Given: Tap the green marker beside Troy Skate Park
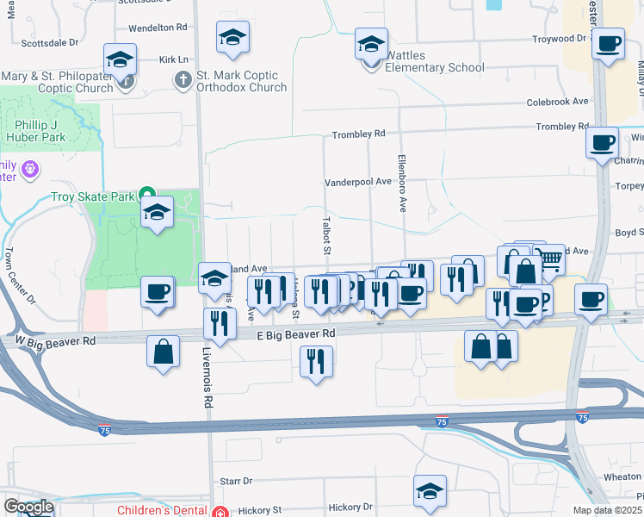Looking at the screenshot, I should [x=147, y=196].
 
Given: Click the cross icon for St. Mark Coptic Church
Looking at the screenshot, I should [x=183, y=81].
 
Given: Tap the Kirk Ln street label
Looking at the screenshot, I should [x=173, y=59].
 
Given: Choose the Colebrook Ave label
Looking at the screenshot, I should [x=558, y=101].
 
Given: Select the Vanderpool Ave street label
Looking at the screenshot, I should [x=357, y=182].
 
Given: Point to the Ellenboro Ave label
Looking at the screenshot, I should [x=401, y=183].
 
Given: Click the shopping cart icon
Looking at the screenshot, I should [x=548, y=258].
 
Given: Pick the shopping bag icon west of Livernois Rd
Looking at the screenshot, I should [x=163, y=352].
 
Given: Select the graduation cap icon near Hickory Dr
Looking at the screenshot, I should [x=430, y=489].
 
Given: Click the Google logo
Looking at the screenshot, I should [x=28, y=507].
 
